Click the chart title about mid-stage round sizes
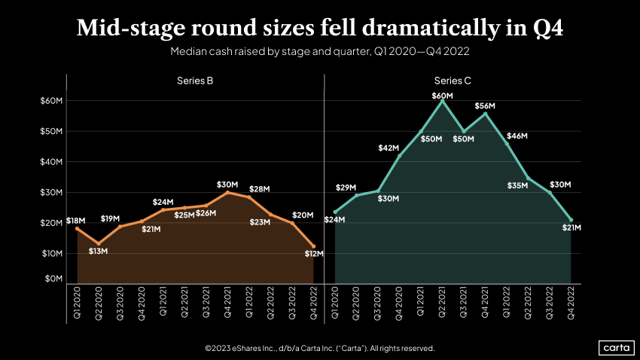(320, 29)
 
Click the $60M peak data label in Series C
(442, 96)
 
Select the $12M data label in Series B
(313, 254)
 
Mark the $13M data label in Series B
(97, 251)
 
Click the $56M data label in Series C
(485, 106)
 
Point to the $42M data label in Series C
(388, 148)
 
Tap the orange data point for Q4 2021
(227, 192)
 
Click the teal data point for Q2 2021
(442, 101)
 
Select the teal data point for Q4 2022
(571, 220)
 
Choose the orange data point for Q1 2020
(77, 228)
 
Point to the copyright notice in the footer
(320, 349)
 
